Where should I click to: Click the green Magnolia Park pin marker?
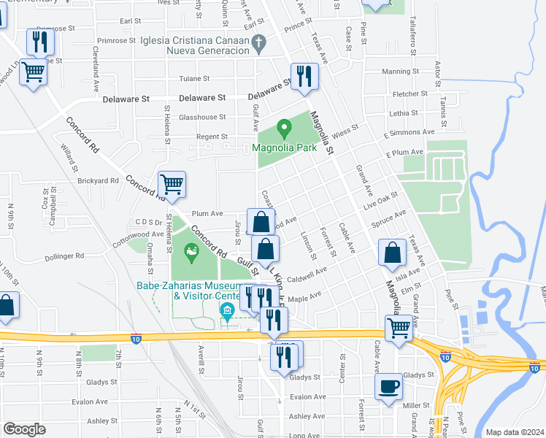285,130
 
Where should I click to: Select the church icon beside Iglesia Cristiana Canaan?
258,44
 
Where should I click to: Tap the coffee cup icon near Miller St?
388,386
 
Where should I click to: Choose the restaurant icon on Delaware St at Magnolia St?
304,77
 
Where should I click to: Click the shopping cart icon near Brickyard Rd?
172,185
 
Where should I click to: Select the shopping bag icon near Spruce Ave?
393,253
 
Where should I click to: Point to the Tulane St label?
195,78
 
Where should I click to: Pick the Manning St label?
398,72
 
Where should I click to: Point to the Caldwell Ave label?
307,276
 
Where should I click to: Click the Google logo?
24,429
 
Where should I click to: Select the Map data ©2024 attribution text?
515,431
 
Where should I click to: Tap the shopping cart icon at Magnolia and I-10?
399,328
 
